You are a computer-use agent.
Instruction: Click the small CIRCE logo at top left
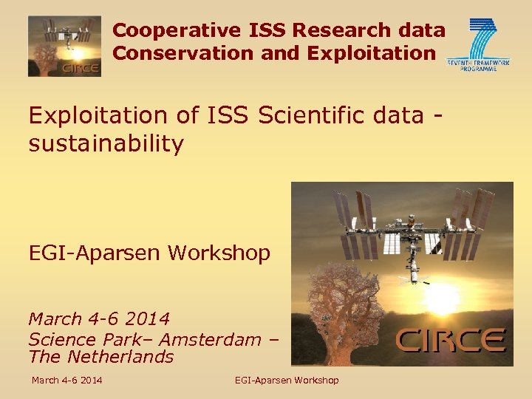[64, 47]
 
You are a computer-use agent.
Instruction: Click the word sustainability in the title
[106, 143]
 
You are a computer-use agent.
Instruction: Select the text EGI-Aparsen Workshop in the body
[149, 253]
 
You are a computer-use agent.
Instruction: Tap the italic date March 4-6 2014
[99, 319]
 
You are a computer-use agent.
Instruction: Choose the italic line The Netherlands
[100, 357]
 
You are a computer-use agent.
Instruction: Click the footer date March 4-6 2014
[66, 381]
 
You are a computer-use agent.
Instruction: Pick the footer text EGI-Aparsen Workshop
[287, 381]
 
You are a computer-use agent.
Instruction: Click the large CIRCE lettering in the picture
[451, 340]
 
